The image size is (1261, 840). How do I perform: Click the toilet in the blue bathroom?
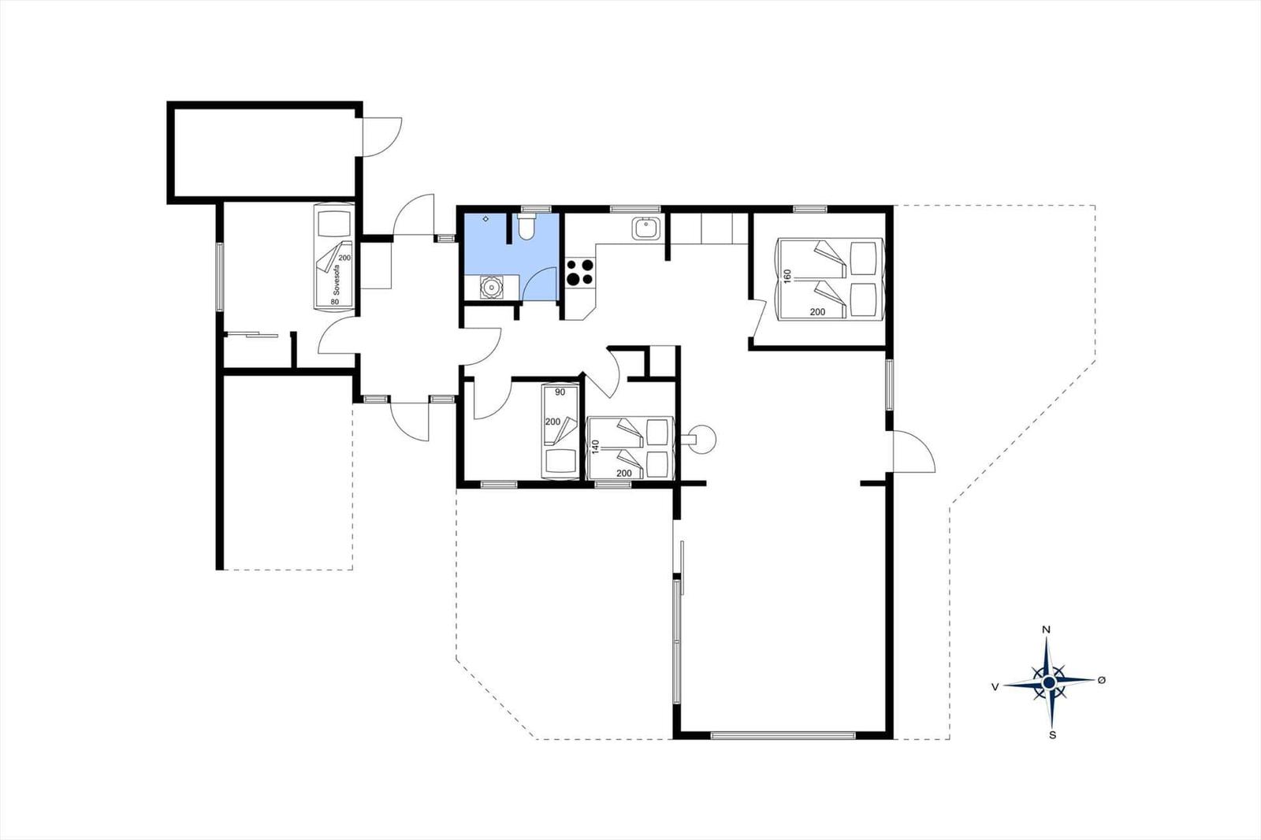point(527,227)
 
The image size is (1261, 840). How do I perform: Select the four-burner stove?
point(580,273)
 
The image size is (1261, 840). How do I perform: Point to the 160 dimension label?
point(787,277)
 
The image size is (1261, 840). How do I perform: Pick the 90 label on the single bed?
point(560,392)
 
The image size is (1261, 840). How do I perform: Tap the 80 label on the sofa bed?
point(335,300)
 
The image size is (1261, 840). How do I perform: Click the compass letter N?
point(1046,630)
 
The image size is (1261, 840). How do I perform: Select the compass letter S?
point(1052,735)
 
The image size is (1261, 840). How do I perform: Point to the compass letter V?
point(995,687)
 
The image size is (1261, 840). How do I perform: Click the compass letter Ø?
point(1101,680)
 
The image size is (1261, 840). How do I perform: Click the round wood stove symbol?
point(704,438)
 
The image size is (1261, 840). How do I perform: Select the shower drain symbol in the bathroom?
point(486,218)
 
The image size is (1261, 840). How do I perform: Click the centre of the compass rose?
point(1049,682)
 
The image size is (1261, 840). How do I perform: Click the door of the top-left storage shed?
point(382,136)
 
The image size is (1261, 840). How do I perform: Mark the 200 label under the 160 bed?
point(817,312)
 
